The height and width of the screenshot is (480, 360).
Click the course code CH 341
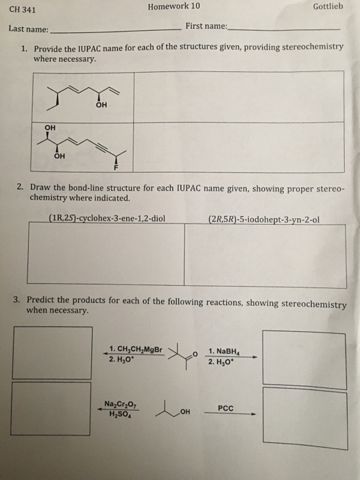23,10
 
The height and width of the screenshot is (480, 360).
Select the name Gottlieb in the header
326,8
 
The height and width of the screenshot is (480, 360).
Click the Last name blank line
113,32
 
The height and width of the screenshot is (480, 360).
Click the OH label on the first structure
103,105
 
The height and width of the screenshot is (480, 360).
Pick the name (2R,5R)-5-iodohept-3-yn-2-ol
263,220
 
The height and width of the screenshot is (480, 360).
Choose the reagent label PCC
226,407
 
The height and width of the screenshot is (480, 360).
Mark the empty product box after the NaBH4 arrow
295,359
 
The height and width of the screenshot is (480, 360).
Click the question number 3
16,301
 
